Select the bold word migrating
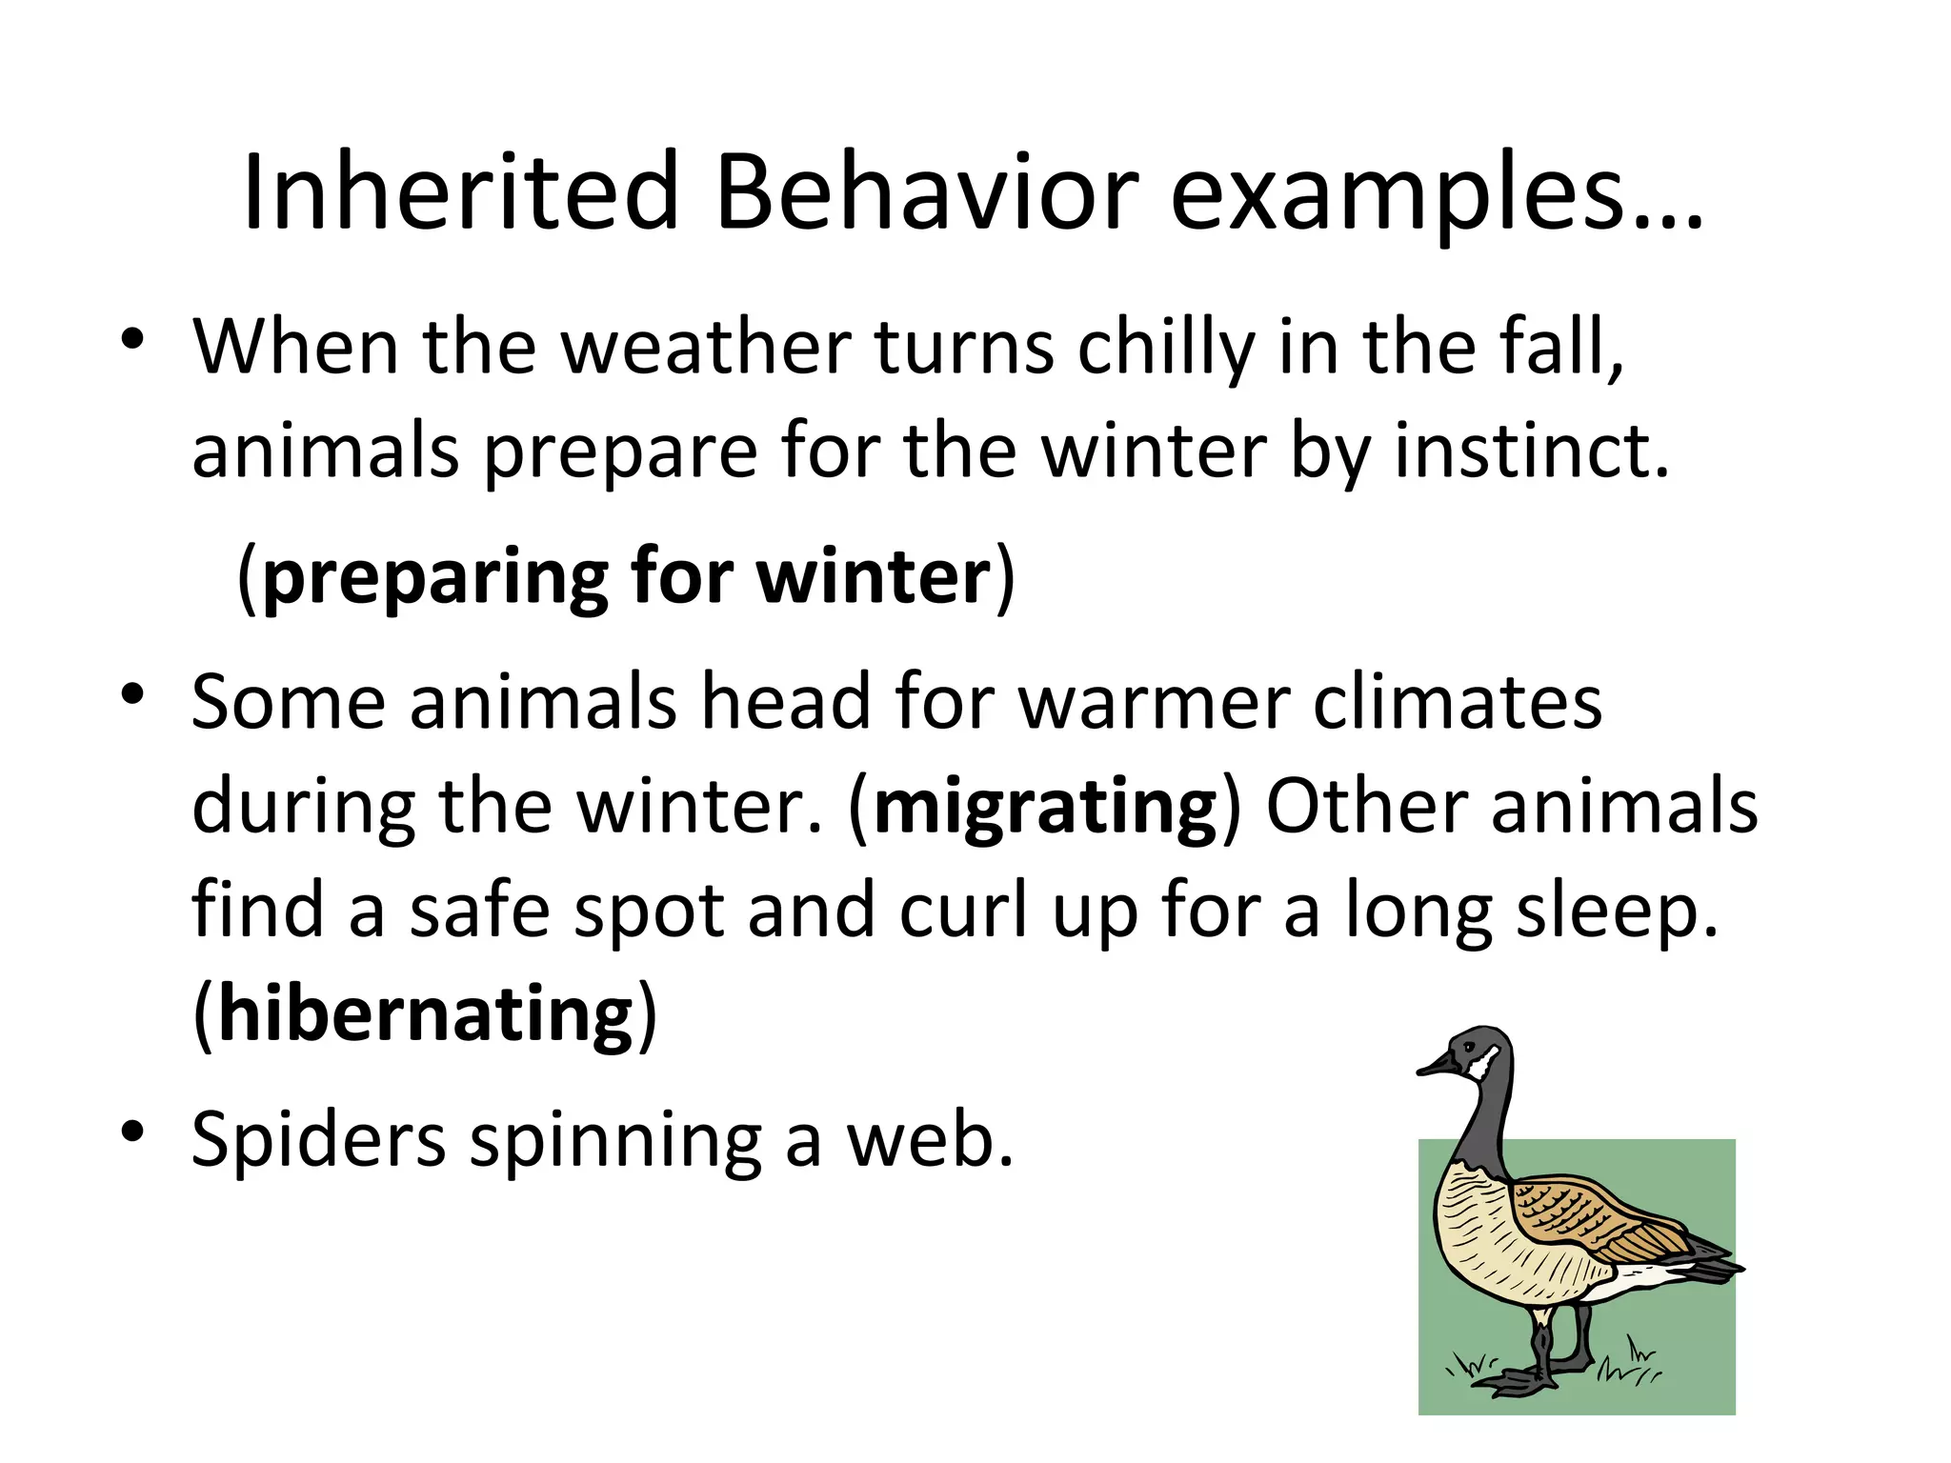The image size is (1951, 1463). tap(1045, 808)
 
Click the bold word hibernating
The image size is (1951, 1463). tap(426, 1013)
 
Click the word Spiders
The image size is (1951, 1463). tap(318, 1140)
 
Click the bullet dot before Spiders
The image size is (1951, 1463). tap(132, 1131)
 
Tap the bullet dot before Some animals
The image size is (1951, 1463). tap(132, 692)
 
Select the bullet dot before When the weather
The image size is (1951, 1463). tap(132, 338)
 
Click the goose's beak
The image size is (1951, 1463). tap(1434, 1067)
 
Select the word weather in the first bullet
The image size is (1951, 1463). tap(706, 349)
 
